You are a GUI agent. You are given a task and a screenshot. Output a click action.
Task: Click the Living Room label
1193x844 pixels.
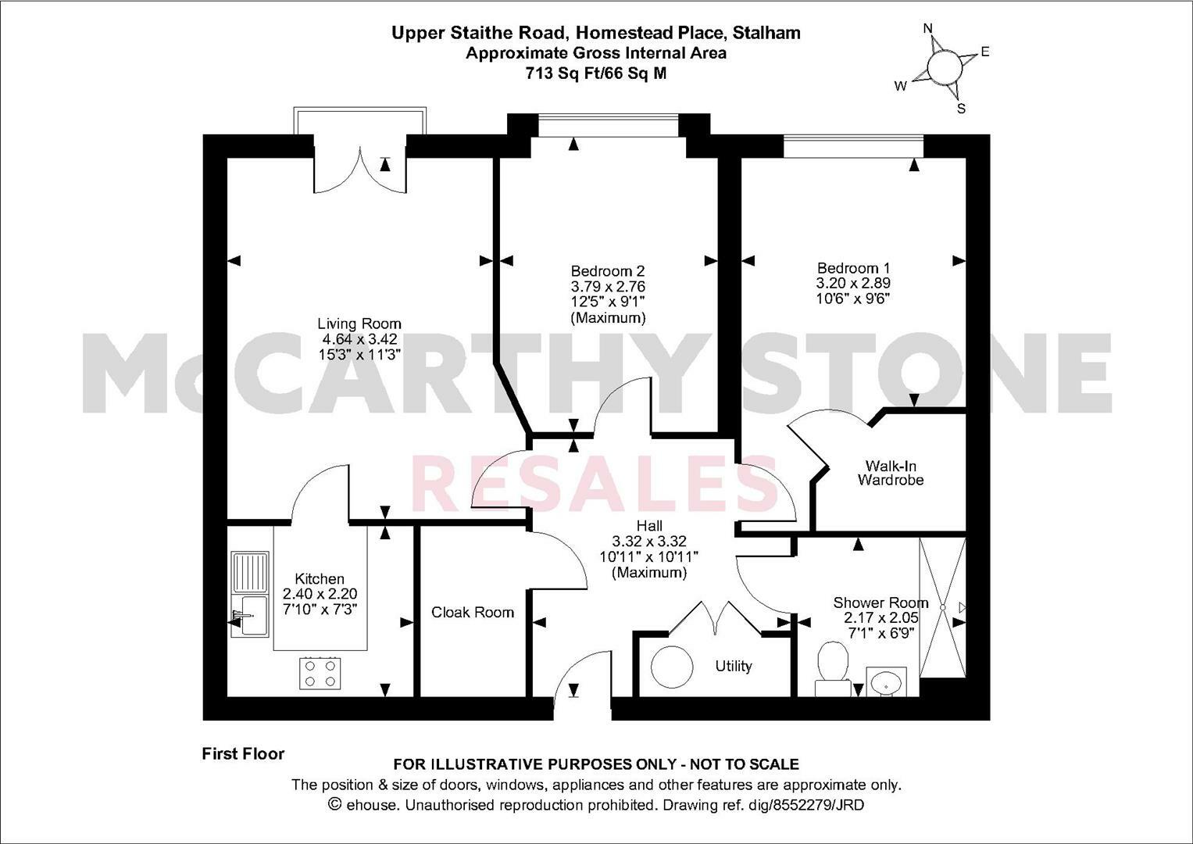point(359,324)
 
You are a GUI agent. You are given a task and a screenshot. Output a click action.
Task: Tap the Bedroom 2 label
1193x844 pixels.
point(608,270)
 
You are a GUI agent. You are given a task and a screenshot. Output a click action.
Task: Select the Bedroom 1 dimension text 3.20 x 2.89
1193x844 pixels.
point(853,283)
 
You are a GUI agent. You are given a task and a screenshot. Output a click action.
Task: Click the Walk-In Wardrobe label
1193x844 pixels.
point(890,473)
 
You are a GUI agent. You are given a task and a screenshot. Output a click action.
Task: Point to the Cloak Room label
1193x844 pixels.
point(473,612)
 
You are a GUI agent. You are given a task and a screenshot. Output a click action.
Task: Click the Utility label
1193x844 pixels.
point(734,666)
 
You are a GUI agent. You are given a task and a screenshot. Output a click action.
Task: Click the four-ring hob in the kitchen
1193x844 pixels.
point(320,673)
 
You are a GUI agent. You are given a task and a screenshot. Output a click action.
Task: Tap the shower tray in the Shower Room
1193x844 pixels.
point(943,607)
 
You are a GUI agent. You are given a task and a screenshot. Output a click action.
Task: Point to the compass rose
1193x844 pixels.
point(943,66)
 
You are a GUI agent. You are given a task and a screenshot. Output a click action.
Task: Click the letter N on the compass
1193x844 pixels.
point(928,28)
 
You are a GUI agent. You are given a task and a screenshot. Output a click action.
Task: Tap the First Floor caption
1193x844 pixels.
point(243,754)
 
